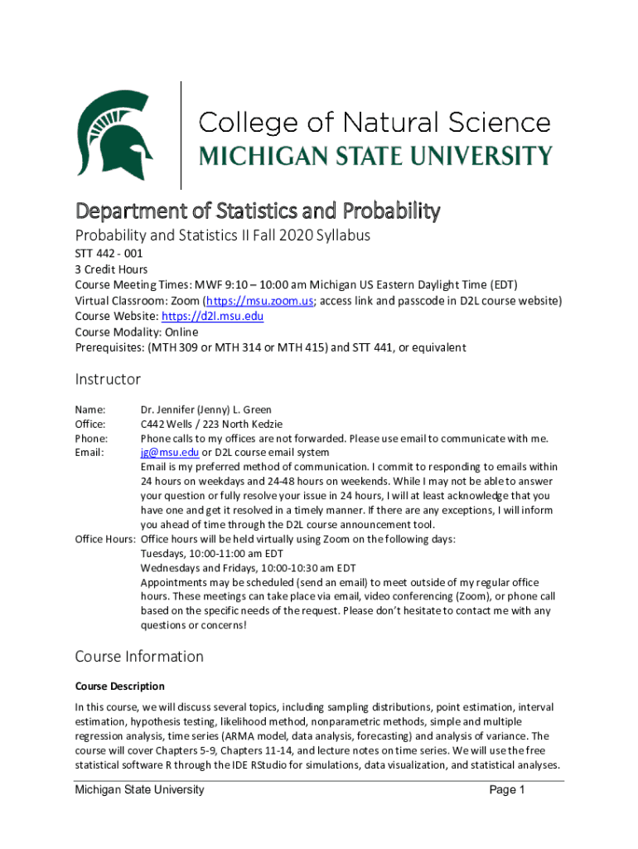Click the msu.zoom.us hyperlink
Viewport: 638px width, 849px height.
click(259, 301)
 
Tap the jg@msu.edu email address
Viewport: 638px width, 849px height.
click(170, 453)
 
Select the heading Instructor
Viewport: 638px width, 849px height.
click(108, 380)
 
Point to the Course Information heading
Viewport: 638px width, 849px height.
click(139, 657)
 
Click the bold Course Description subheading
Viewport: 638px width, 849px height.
click(119, 686)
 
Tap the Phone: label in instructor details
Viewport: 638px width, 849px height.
click(91, 439)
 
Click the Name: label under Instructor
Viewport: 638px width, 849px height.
click(90, 410)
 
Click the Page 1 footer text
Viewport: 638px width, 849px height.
click(507, 790)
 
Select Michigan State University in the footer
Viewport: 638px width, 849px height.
click(139, 790)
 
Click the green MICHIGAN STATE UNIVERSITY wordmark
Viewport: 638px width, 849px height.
click(375, 156)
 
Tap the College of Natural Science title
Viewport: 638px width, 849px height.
click(374, 124)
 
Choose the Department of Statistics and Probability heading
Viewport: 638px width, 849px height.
click(257, 211)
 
